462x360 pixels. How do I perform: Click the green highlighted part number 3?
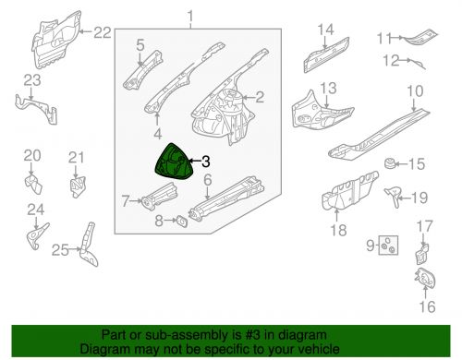click(x=175, y=162)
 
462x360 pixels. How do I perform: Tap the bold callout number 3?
click(x=205, y=161)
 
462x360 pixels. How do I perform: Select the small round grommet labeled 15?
click(x=390, y=163)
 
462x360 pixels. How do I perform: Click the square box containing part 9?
click(x=388, y=245)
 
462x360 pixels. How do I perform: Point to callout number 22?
click(x=102, y=32)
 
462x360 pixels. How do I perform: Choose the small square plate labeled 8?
click(x=182, y=222)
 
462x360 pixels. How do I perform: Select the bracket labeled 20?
click(x=33, y=183)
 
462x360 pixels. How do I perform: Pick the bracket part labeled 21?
click(x=78, y=186)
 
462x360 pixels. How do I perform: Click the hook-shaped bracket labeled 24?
click(x=36, y=236)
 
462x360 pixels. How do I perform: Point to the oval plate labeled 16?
click(x=425, y=280)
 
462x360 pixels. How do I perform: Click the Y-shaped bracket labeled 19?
click(x=394, y=196)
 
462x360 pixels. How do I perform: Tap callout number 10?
click(x=415, y=91)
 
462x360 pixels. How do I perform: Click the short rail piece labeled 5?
click(x=143, y=70)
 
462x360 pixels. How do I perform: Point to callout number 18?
click(x=338, y=230)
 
